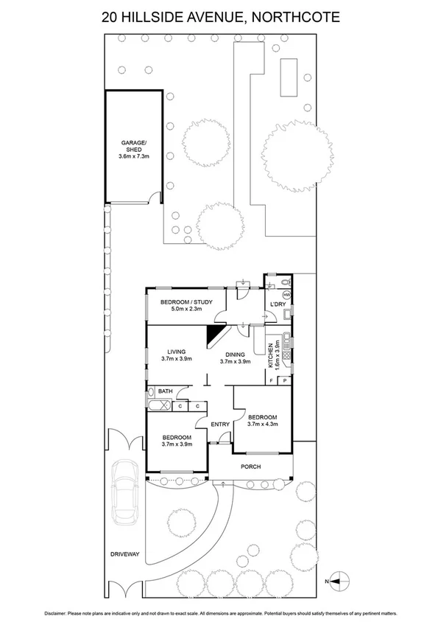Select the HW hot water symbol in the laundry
[x=286, y=295]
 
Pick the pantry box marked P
[x=285, y=381]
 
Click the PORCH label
[x=251, y=466]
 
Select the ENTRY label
[x=220, y=424]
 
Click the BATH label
[x=165, y=391]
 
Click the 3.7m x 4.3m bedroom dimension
[x=262, y=423]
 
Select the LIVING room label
[x=175, y=352]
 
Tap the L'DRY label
[x=278, y=304]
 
